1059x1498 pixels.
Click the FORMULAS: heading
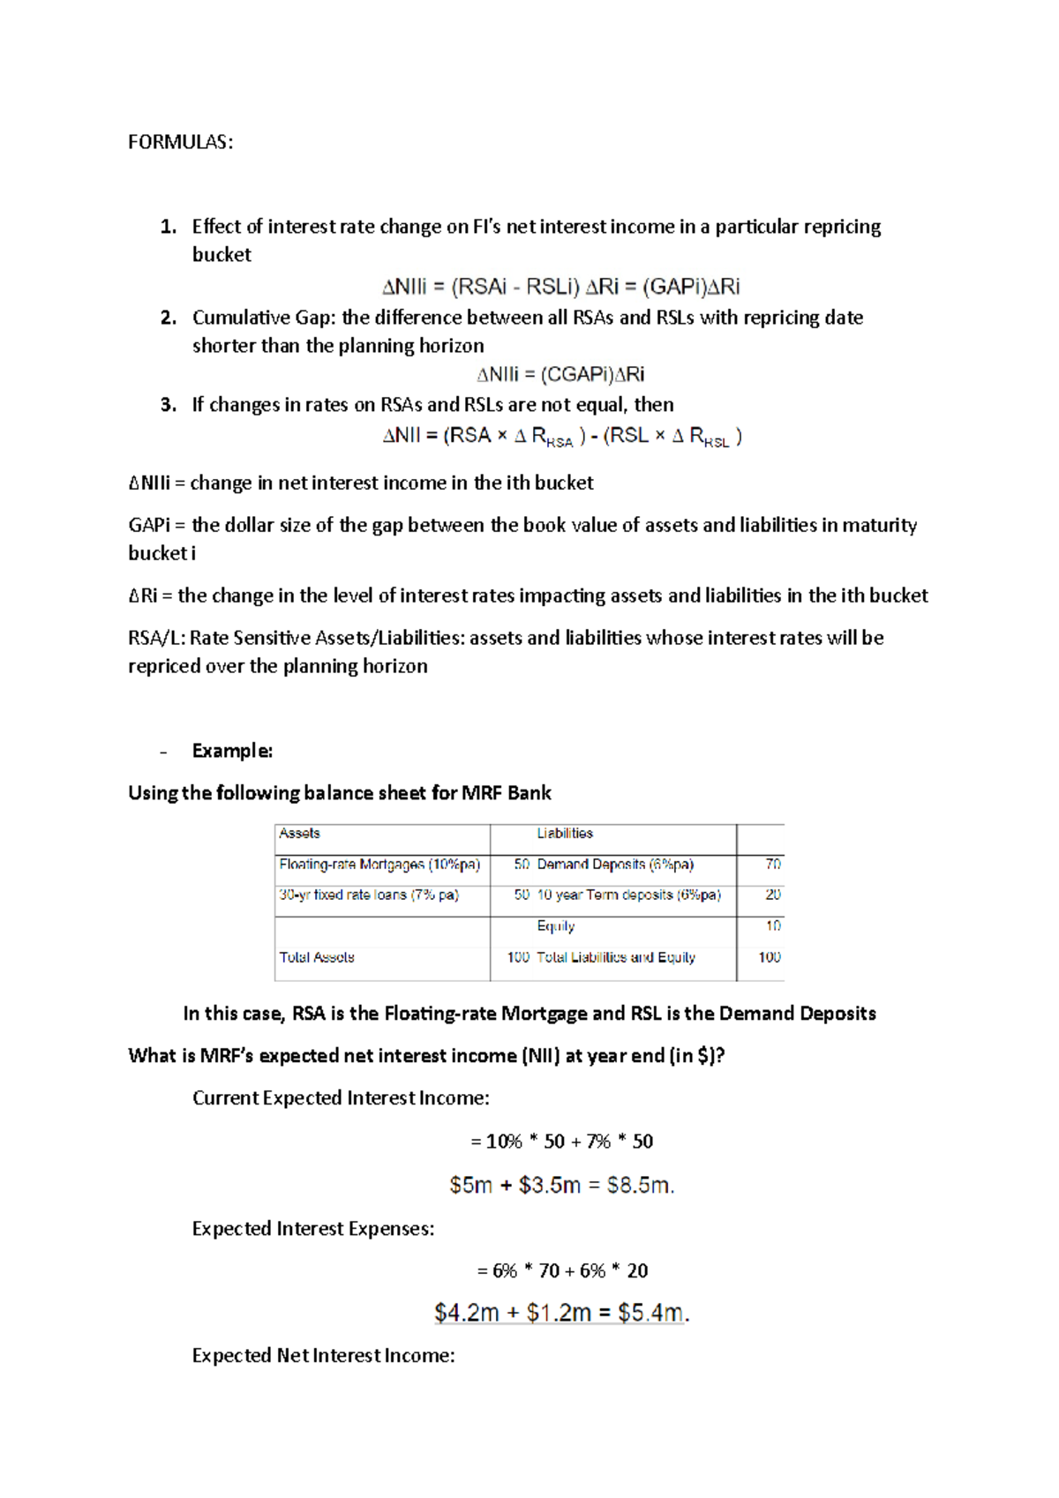pos(180,142)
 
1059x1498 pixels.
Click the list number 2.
pos(168,318)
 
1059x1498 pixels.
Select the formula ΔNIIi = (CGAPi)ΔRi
pos(560,375)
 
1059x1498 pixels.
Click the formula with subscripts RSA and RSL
pos(562,436)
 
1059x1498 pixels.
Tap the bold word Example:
pos(232,751)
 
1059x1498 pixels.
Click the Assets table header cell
pos(300,834)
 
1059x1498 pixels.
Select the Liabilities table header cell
pos(565,834)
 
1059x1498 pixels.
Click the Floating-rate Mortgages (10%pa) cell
pos(379,865)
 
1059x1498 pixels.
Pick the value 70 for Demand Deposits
pos(772,865)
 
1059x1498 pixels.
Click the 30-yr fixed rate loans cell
pos(369,895)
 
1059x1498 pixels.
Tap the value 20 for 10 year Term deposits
pos(772,895)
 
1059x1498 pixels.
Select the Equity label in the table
pos(555,926)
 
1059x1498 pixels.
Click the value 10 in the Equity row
pos(772,926)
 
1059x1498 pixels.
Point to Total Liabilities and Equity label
pos(615,957)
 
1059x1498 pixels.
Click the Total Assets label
pos(317,957)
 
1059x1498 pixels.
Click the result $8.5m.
pos(641,1185)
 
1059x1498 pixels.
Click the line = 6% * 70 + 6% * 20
pos(562,1270)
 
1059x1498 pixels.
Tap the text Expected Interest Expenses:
pos(313,1228)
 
